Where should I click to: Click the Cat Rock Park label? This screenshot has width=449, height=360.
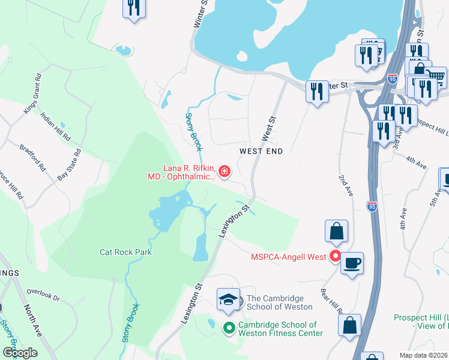click(125, 252)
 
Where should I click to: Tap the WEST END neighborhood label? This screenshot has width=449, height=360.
click(261, 152)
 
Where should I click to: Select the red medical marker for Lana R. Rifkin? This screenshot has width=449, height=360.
click(224, 172)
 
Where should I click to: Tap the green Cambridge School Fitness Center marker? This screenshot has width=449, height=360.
click(229, 328)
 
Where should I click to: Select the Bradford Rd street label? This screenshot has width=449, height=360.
click(32, 158)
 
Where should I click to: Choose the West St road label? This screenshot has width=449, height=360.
click(269, 128)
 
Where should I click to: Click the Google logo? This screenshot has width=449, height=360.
click(20, 353)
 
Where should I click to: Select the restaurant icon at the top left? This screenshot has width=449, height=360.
click(133, 7)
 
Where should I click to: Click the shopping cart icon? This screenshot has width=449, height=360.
click(435, 76)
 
